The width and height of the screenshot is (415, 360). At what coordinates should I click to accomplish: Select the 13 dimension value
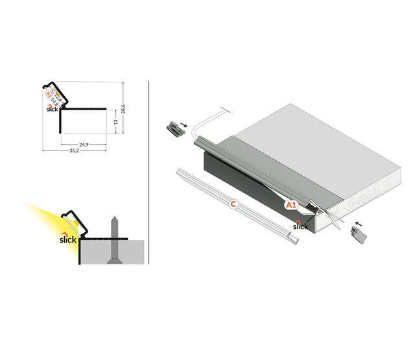[x=115, y=121]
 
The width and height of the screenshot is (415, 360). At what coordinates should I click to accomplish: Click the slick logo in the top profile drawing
[x=53, y=108]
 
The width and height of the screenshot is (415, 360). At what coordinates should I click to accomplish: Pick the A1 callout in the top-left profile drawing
[x=48, y=94]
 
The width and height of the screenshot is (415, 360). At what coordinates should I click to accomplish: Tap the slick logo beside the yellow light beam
[x=68, y=238]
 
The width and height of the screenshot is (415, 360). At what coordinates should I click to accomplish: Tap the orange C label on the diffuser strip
[x=233, y=204]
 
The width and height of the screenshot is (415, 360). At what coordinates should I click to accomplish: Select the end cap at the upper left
[x=173, y=126]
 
